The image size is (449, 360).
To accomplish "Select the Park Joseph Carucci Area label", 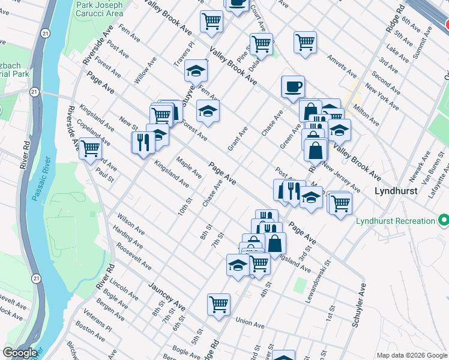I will (x=100, y=8).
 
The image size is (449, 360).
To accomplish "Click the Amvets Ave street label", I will (x=342, y=67).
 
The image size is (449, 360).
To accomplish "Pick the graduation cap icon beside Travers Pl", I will (x=196, y=71).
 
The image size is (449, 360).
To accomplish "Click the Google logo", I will (x=20, y=353).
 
